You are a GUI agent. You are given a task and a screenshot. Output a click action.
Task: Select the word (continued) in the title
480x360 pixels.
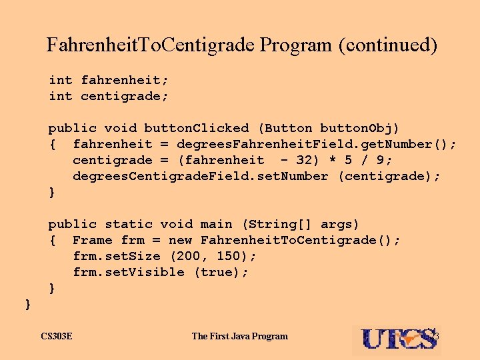tap(388, 45)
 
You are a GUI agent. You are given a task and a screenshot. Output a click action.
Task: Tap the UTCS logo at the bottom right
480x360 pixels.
tap(400, 338)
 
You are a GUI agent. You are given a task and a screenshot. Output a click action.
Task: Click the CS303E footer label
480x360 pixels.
tap(57, 336)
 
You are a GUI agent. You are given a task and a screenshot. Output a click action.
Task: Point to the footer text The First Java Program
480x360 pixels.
tap(240, 336)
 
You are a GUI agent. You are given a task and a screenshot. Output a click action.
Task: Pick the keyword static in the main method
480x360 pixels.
tap(129, 224)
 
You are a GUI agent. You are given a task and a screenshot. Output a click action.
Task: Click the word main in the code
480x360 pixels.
tap(217, 224)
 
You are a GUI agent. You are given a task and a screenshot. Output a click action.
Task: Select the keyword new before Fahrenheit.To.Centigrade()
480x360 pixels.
tap(181, 240)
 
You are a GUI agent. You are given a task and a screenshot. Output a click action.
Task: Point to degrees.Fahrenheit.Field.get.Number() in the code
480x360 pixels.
tap(317, 144)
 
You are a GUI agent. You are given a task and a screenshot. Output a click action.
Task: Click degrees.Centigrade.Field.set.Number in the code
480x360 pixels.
tap(201, 176)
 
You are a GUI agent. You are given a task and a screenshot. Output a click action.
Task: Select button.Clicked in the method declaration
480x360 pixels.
tap(197, 128)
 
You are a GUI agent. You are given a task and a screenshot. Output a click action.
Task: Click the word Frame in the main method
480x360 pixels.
tap(93, 240)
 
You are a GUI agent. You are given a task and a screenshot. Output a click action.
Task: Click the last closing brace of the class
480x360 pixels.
tap(28, 304)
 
